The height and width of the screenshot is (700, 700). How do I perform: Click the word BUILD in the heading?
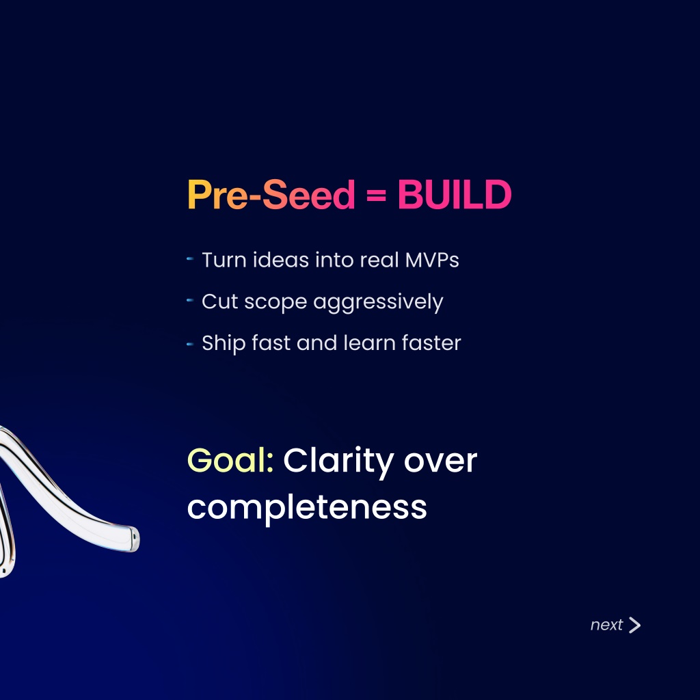[x=455, y=194]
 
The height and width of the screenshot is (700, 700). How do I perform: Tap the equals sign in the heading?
[x=376, y=195]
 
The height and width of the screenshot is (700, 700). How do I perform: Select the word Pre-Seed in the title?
[x=271, y=194]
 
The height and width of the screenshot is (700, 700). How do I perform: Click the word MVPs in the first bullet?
[x=432, y=260]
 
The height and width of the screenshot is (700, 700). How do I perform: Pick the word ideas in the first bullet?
[x=281, y=259]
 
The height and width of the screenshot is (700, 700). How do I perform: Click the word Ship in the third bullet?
[x=224, y=343]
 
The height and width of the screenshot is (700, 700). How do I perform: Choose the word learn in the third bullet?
[x=370, y=343]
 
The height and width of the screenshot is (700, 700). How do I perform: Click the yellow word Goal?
[x=230, y=460]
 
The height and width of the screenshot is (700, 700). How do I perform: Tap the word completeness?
[x=307, y=508]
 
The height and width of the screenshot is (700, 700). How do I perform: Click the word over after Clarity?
[x=441, y=461]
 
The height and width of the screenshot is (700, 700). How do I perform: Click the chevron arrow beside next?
[x=634, y=625]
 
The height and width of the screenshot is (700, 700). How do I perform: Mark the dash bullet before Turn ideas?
[x=190, y=258]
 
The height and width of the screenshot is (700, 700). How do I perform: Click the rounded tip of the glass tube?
[x=134, y=539]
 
